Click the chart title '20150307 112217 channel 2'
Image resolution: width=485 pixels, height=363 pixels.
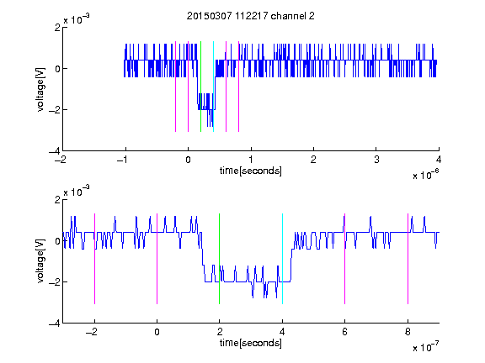(x=251, y=16)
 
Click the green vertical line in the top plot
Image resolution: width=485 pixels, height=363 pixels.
(x=200, y=87)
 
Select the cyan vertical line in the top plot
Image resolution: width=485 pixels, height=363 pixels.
(x=213, y=87)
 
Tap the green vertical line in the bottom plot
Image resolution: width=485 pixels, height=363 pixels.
(x=219, y=259)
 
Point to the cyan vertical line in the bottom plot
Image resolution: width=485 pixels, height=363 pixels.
(x=282, y=259)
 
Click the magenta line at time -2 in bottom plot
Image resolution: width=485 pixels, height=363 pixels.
(x=94, y=259)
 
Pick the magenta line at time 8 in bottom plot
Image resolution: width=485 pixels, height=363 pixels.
(x=408, y=259)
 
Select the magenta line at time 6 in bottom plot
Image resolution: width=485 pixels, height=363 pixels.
(x=344, y=259)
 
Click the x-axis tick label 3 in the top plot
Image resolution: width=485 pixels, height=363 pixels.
(x=376, y=160)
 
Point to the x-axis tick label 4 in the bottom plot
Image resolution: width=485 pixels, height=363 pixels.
(x=282, y=332)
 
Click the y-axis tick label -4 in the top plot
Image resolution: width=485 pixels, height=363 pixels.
(x=55, y=151)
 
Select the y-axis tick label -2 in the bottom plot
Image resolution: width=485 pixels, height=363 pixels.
(x=55, y=281)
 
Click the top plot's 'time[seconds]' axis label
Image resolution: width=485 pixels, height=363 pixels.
(x=251, y=171)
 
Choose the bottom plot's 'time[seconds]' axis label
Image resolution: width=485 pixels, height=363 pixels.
(x=251, y=343)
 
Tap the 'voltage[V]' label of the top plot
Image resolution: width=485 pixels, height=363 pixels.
(x=40, y=90)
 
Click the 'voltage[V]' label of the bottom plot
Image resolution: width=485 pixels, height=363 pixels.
(x=40, y=261)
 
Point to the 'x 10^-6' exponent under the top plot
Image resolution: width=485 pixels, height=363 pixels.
(x=425, y=175)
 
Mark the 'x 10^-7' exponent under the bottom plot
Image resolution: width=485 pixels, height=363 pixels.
(x=425, y=347)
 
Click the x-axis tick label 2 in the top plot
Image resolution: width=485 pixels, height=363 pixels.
(x=313, y=160)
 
